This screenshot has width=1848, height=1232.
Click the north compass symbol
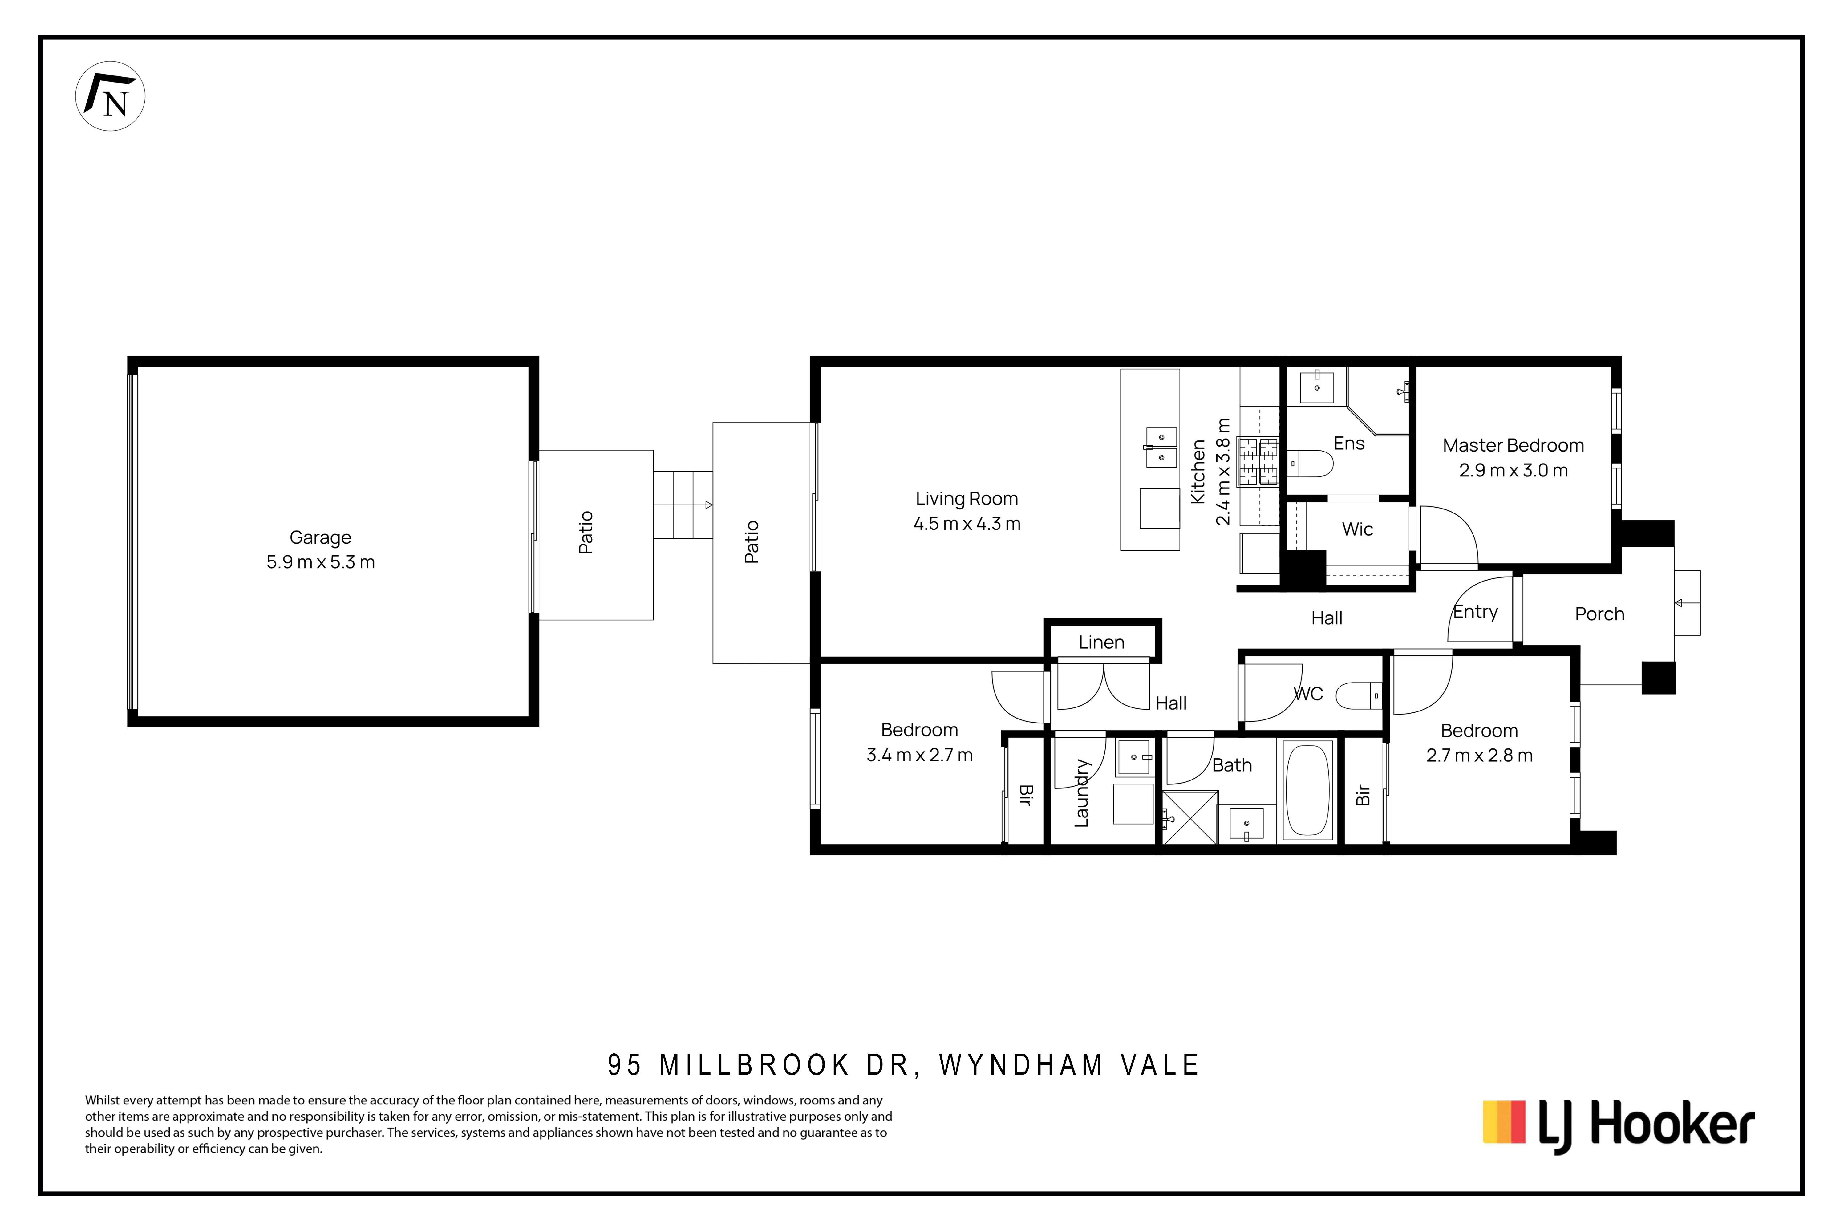coord(110,96)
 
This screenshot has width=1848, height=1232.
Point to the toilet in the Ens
coord(1311,464)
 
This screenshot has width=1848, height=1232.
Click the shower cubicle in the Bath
coord(1189,818)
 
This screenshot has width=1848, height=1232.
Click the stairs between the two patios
coord(683,505)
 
